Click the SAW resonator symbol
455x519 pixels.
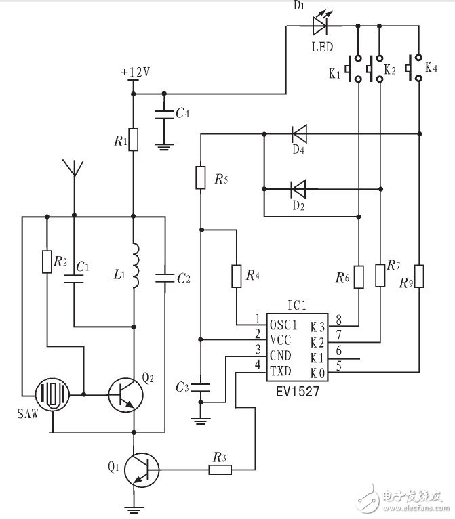coord(52,393)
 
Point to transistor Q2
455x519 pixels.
coord(126,392)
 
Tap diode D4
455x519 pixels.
coord(297,133)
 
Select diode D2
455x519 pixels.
coord(297,186)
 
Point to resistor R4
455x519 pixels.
coord(236,276)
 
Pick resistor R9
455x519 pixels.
coord(420,276)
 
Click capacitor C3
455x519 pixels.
coord(201,388)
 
